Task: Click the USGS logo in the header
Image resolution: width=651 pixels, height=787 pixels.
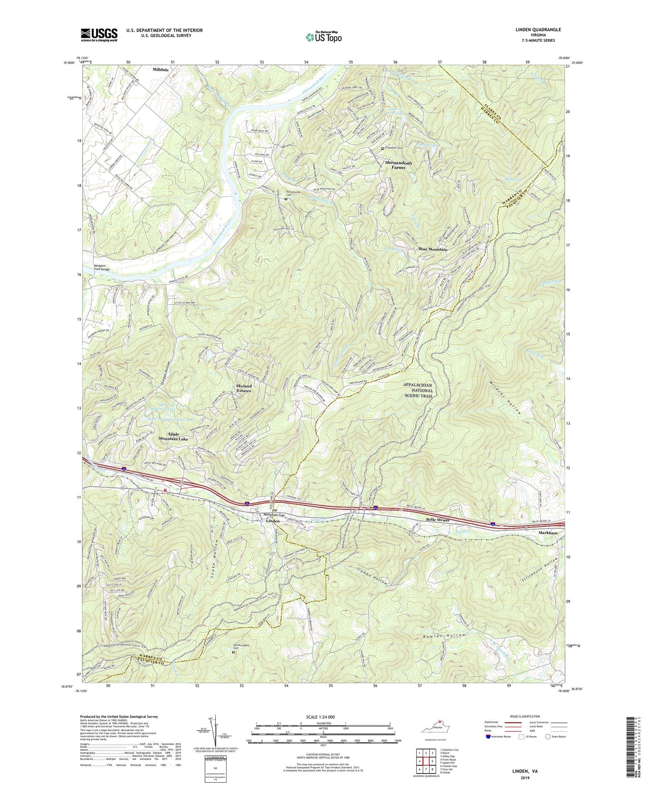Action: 99,35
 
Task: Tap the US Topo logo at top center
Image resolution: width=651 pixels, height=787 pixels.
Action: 323,37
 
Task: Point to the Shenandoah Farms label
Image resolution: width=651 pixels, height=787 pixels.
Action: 398,165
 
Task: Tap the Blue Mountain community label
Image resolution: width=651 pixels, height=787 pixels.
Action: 433,250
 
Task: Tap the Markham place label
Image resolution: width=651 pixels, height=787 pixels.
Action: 547,532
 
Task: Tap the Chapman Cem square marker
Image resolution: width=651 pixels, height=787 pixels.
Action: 383,148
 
